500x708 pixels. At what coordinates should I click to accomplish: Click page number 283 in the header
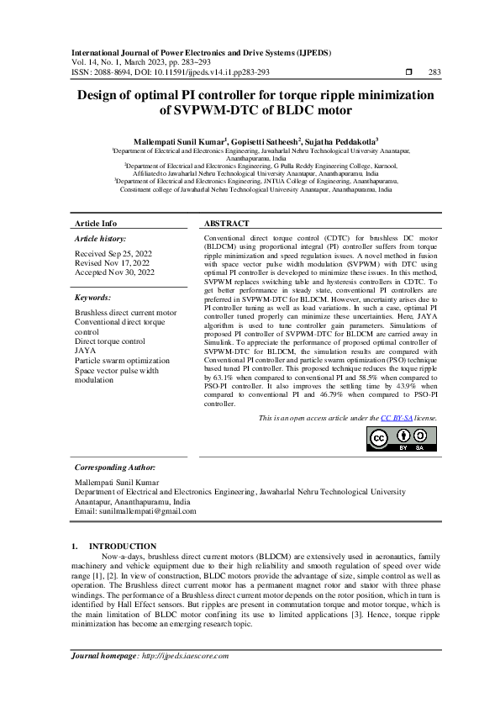point(434,73)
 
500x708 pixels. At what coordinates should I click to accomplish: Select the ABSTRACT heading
point(227,224)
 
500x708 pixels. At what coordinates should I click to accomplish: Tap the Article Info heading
point(96,224)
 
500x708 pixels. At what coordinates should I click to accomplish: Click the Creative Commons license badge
point(403,439)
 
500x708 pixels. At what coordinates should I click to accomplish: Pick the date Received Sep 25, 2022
point(114,253)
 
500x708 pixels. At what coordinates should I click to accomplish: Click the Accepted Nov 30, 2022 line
point(114,272)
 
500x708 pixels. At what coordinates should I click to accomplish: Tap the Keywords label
point(93,298)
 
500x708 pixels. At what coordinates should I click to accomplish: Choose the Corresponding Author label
point(114,467)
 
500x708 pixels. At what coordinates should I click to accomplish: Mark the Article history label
point(99,239)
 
